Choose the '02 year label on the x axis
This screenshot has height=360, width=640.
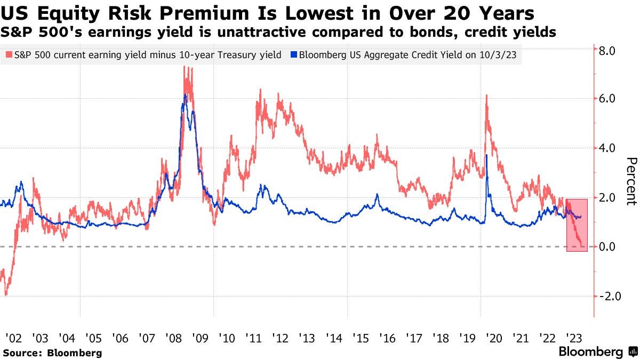coord(13,338)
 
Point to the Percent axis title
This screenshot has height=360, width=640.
coord(631,181)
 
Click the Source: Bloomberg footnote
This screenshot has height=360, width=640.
coord(52,353)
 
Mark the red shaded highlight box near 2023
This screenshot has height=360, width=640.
coord(577,225)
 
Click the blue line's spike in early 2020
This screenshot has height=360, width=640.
coord(486,155)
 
